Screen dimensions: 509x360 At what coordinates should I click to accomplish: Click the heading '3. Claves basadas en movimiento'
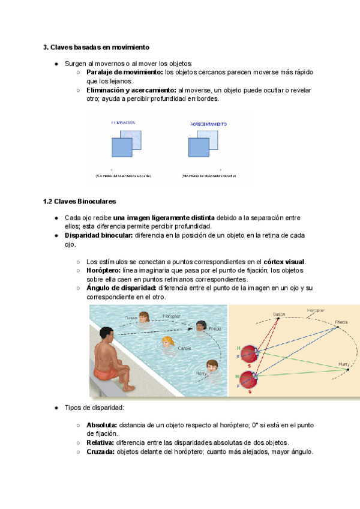96,47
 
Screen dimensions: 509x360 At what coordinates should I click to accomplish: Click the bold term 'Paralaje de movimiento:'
125,72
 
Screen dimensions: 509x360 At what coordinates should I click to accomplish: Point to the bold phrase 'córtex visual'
284,262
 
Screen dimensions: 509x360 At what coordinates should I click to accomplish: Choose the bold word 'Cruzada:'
100,452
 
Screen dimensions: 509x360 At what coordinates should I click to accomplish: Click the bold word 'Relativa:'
101,443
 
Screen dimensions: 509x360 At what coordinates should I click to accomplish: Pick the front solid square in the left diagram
121,147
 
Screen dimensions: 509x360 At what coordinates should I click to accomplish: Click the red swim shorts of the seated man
106,373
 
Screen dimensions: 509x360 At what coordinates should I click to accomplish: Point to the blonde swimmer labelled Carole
167,343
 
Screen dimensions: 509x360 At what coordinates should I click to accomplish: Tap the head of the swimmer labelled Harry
212,365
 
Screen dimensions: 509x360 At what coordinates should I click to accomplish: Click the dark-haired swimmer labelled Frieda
200,327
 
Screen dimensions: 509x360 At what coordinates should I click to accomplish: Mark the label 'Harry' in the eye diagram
343,364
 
